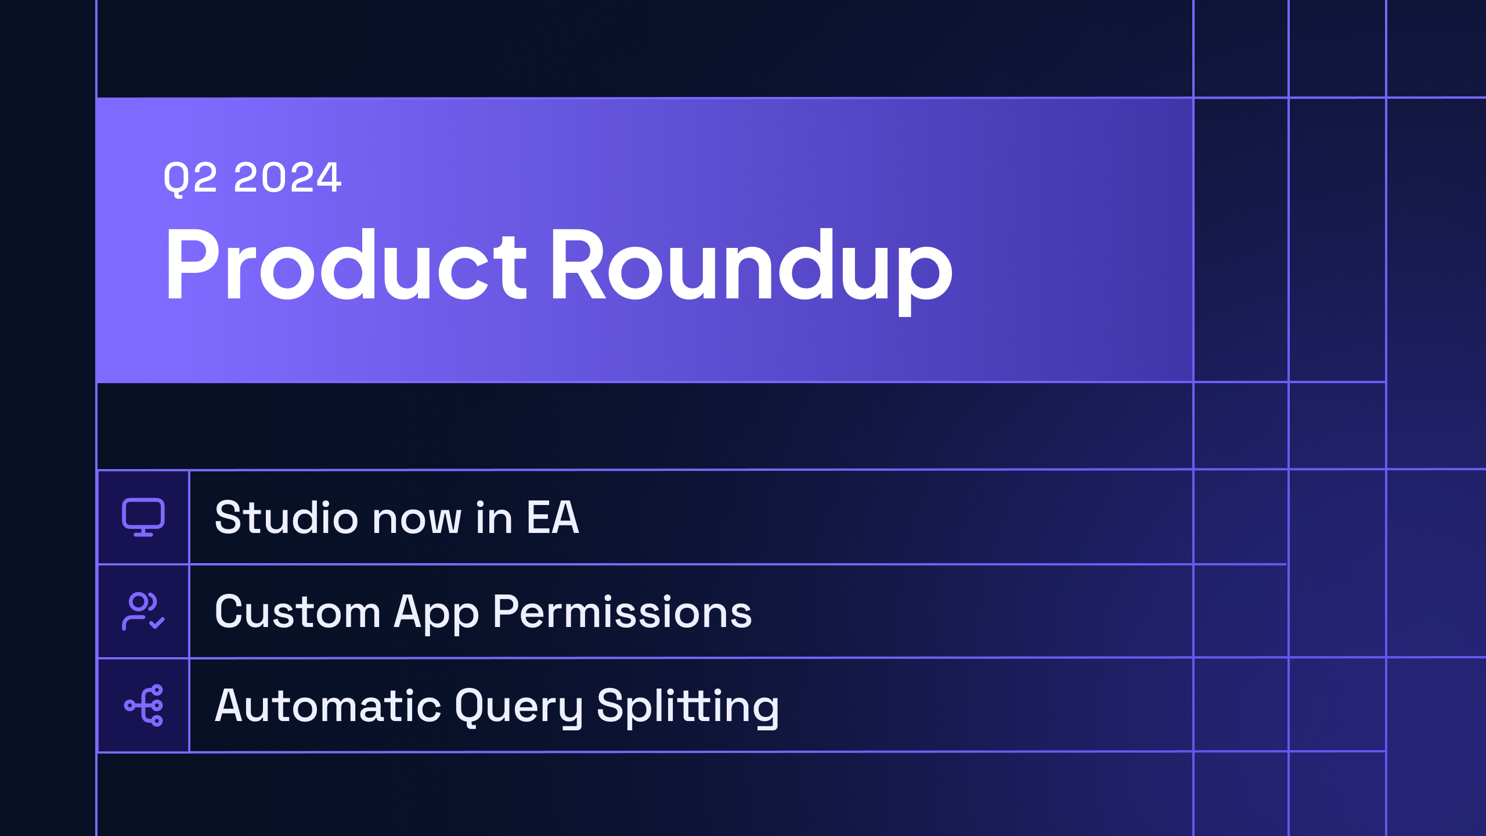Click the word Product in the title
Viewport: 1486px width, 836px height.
point(346,265)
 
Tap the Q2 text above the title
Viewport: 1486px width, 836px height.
point(190,178)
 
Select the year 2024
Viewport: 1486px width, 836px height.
point(287,177)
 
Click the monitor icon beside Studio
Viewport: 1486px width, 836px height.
point(143,517)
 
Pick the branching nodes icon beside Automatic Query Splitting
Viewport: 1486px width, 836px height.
point(143,705)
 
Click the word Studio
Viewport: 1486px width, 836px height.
point(287,517)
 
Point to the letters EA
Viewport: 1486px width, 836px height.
point(553,517)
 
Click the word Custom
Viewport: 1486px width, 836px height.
point(297,612)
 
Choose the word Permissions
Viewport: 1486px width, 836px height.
point(622,612)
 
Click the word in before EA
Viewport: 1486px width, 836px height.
point(494,517)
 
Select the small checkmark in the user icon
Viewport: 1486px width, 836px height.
point(157,623)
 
